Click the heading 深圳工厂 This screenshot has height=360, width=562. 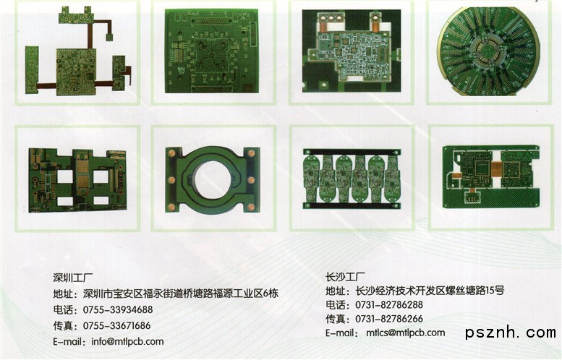[73, 278]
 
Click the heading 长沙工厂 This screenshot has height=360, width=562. [346, 276]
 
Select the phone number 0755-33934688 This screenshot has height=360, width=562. [118, 309]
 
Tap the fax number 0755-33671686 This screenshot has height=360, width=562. [117, 325]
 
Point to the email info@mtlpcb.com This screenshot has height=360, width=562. [127, 341]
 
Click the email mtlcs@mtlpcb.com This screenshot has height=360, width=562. [405, 333]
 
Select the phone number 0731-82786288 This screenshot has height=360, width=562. [389, 305]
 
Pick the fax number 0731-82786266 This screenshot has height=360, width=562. [389, 319]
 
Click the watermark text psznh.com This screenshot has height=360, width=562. [511, 333]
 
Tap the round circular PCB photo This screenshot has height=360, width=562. [490, 51]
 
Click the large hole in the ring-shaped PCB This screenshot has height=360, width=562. [212, 179]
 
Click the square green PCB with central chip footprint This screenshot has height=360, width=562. [211, 51]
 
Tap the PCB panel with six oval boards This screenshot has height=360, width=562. [352, 179]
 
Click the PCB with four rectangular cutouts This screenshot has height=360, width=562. [77, 180]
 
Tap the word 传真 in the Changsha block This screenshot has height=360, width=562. [336, 319]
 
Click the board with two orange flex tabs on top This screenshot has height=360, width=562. [352, 51]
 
